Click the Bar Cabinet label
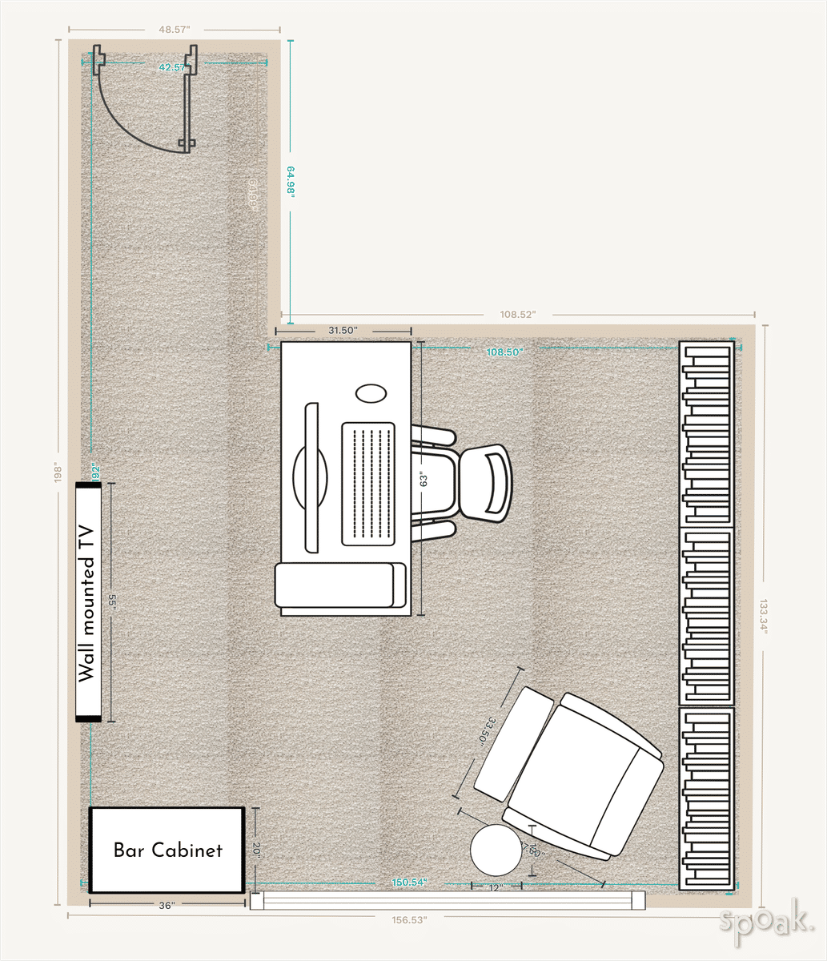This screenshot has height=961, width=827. click(x=167, y=850)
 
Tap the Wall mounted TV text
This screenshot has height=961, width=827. click(x=87, y=602)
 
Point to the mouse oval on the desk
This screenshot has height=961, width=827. click(x=370, y=393)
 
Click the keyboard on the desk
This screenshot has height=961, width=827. click(x=368, y=484)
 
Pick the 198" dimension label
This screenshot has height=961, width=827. click(x=57, y=473)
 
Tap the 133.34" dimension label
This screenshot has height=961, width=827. click(x=765, y=616)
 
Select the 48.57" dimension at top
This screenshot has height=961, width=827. click(x=174, y=29)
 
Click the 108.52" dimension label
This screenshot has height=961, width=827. click(x=517, y=315)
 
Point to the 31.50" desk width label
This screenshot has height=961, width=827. click(x=343, y=330)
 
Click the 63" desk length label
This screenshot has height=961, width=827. click(x=424, y=480)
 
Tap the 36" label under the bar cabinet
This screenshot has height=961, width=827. click(x=166, y=906)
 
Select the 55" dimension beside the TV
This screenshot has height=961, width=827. click(x=114, y=603)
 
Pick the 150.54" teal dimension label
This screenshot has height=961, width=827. click(x=409, y=882)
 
